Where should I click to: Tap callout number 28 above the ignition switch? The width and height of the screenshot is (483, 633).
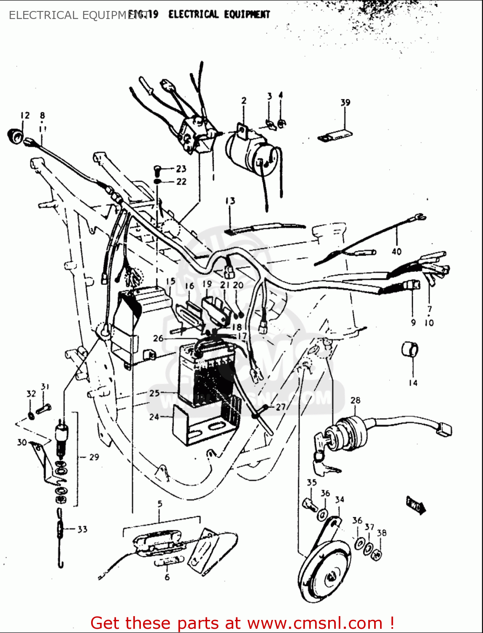(x=355, y=400)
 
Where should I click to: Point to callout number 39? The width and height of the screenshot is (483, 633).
(x=345, y=103)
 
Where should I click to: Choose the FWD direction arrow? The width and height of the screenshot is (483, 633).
(x=416, y=504)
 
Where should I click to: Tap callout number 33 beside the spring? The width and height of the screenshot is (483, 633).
(x=82, y=529)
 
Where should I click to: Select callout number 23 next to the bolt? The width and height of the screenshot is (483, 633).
(x=181, y=169)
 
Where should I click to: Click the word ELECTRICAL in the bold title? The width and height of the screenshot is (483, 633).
(x=193, y=14)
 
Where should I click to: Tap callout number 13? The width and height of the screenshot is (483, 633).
(x=230, y=201)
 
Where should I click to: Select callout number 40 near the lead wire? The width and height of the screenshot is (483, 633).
(x=397, y=252)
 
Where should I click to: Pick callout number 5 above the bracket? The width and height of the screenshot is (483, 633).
(x=160, y=503)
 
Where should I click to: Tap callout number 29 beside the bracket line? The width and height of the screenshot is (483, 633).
(x=94, y=457)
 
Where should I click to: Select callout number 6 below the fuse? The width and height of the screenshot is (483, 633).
(x=167, y=577)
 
